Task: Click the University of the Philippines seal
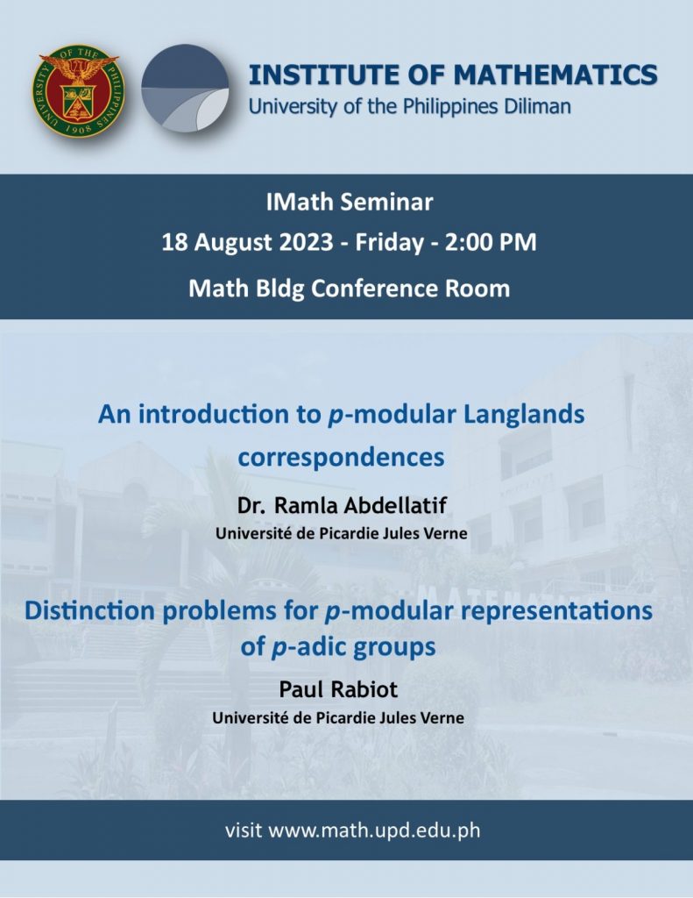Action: (78, 91)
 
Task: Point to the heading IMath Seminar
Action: (349, 203)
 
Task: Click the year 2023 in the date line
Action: (306, 242)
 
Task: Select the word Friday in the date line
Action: (389, 243)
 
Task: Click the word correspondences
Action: (341, 458)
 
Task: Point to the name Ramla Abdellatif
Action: (361, 505)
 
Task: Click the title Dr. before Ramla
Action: (251, 506)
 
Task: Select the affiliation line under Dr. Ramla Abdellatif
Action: (342, 534)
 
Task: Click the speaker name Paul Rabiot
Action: (338, 689)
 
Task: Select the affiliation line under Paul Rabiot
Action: (338, 717)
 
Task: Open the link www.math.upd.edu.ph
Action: (374, 830)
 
